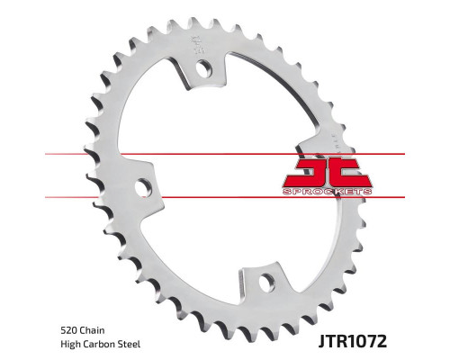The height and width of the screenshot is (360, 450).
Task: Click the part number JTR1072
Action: (353, 341)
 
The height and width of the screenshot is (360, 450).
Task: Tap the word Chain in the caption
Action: (92, 330)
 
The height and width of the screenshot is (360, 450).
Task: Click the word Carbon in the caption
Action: (99, 344)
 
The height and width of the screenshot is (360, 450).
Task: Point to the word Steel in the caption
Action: (129, 344)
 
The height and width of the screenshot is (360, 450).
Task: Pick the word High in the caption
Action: (70, 344)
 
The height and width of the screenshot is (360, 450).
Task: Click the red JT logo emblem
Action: (328, 173)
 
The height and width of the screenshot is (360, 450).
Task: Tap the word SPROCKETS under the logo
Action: (328, 192)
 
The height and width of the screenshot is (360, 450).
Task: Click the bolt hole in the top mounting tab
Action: (204, 68)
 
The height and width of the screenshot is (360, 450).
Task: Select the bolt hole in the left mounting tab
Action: (143, 187)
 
